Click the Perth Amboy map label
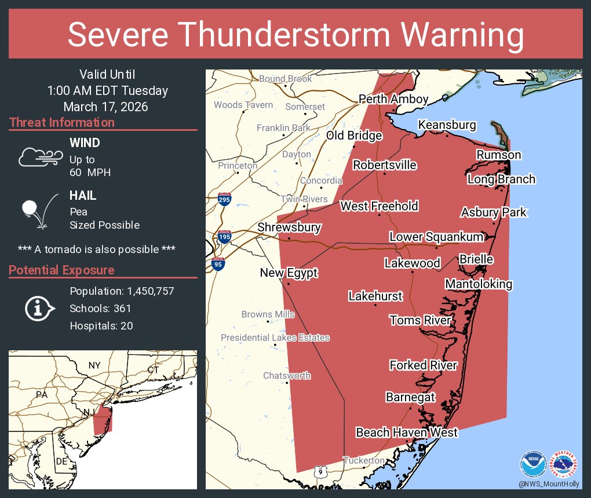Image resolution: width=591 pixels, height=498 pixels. click(393, 99)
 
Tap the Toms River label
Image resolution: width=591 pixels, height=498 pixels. click(420, 320)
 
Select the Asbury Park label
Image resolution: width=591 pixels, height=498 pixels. click(494, 213)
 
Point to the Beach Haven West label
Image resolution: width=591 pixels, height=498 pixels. click(407, 433)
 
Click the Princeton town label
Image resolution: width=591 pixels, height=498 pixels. click(238, 166)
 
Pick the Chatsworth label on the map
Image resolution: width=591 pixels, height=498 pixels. click(287, 376)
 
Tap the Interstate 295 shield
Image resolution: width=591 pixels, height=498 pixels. click(224, 200)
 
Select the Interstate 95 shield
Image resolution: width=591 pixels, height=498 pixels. click(218, 264)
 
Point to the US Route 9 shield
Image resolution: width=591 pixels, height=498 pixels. click(320, 472)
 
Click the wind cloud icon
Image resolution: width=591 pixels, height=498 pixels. click(40, 157)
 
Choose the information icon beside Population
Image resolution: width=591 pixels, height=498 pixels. click(39, 308)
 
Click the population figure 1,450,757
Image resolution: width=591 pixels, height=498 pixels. click(147, 291)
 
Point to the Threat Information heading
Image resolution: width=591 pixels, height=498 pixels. click(62, 123)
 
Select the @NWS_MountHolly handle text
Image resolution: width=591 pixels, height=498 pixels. click(548, 484)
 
